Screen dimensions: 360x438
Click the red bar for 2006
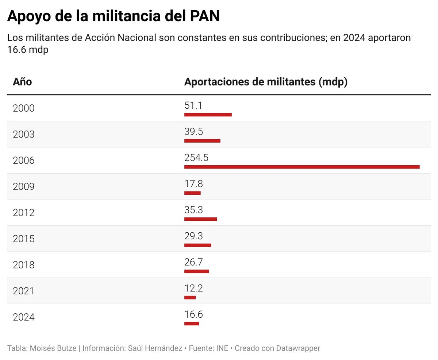click(302, 167)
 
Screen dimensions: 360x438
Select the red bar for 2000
click(208, 115)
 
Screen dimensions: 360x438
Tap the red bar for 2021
click(190, 298)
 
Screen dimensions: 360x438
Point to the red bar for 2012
click(200, 219)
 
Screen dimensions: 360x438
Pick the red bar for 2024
click(192, 324)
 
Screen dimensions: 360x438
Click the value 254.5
click(196, 158)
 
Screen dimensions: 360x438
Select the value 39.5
click(194, 132)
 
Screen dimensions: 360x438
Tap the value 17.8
click(193, 184)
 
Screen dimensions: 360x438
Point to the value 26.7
click(193, 262)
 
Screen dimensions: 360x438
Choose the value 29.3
click(193, 236)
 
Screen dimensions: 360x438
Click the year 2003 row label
click(24, 135)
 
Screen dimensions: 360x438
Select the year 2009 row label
click(24, 187)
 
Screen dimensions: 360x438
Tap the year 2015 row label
click(24, 239)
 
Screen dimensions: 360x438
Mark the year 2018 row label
click(24, 265)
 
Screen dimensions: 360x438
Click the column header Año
click(22, 82)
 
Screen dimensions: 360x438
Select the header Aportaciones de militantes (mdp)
click(266, 82)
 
